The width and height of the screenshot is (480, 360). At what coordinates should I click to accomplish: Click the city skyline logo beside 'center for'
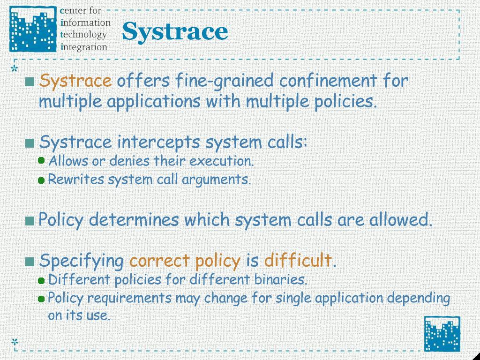click(x=33, y=29)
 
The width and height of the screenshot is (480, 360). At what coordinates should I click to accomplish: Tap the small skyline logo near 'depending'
click(x=442, y=334)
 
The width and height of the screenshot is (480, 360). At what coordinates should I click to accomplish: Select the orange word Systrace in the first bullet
click(x=75, y=81)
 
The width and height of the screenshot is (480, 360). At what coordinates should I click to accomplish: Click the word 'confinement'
click(x=328, y=81)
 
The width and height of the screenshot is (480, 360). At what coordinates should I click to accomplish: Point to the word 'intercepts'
click(x=158, y=142)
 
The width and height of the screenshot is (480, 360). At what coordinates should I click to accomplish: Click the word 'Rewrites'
click(x=76, y=179)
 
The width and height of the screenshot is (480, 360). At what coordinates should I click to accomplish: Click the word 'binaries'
click(x=280, y=279)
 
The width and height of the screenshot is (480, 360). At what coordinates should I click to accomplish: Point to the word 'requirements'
click(x=129, y=298)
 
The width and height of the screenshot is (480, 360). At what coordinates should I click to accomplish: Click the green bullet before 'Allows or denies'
click(x=42, y=160)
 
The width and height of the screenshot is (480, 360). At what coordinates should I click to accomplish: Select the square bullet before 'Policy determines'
click(x=30, y=221)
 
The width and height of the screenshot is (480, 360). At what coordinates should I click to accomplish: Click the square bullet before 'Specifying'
click(x=30, y=262)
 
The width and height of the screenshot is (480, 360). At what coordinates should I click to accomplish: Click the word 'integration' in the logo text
click(x=84, y=47)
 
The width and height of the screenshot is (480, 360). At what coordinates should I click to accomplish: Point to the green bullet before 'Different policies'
click(x=42, y=280)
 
